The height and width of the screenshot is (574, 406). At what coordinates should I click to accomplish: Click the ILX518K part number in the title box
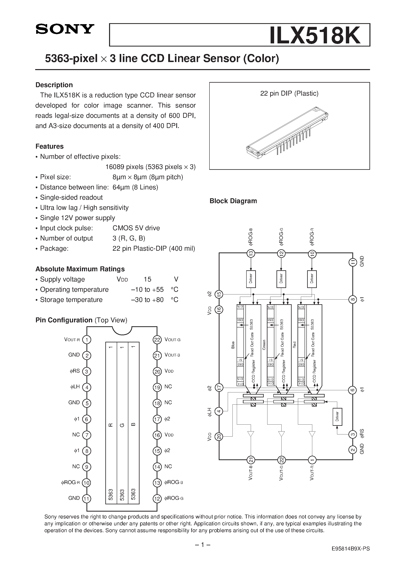tap(315, 35)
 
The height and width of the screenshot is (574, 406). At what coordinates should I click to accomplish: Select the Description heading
tap(54, 85)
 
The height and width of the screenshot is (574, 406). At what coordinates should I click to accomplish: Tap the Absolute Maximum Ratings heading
tap(80, 269)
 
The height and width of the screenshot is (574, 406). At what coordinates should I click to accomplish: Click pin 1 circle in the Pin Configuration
tap(87, 340)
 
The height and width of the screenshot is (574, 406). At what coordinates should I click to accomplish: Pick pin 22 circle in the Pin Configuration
tap(157, 340)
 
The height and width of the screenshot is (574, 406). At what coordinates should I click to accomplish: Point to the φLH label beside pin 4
tap(75, 387)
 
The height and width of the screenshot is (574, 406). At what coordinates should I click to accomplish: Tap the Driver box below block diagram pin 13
tap(251, 279)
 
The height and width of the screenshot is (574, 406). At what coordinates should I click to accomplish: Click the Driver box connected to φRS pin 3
tap(337, 417)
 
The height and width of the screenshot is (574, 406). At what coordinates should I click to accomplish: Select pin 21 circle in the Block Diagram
tap(251, 460)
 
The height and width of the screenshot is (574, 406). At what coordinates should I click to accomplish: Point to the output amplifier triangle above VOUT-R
tap(312, 434)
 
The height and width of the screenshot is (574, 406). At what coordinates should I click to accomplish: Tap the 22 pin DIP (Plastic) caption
tap(289, 93)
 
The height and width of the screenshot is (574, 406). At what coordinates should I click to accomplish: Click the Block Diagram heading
tap(233, 201)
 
